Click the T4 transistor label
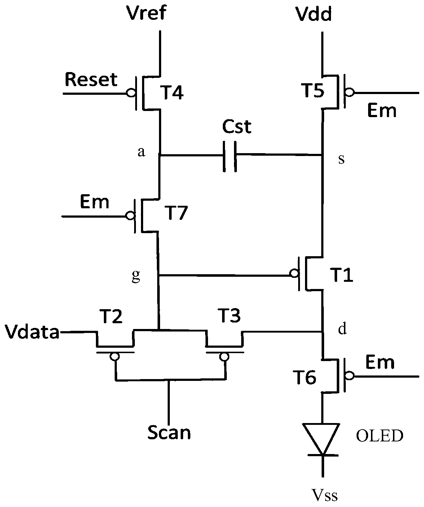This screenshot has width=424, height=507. coord(172,93)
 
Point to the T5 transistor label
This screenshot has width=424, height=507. coord(313,90)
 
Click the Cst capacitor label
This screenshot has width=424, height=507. coord(237,126)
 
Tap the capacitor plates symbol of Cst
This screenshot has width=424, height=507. coord(230,156)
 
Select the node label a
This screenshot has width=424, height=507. coord(141,152)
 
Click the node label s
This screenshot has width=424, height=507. coord(341,160)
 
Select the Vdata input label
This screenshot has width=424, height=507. coord(32,332)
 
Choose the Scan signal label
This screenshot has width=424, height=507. coord(169,432)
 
